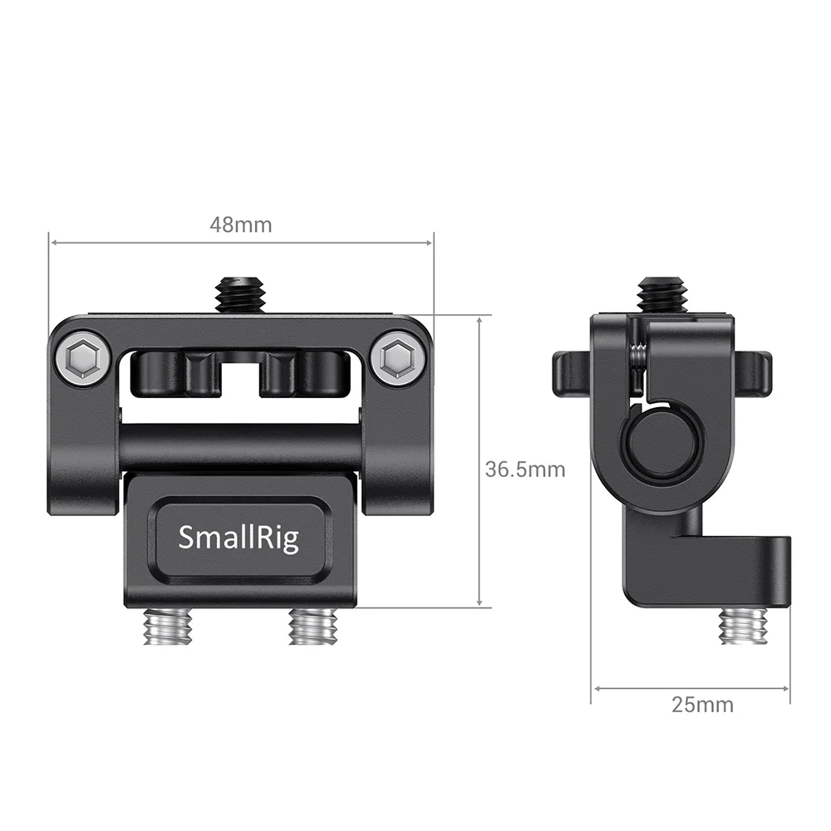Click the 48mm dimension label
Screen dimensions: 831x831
[240, 224]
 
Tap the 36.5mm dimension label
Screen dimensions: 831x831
[524, 470]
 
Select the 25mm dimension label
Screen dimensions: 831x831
[702, 705]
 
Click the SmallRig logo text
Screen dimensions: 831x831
[238, 538]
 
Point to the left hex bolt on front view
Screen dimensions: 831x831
[83, 358]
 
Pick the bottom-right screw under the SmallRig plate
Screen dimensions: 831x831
[312, 626]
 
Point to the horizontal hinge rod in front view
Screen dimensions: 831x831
[241, 448]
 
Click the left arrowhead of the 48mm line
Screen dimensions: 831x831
[54, 243]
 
